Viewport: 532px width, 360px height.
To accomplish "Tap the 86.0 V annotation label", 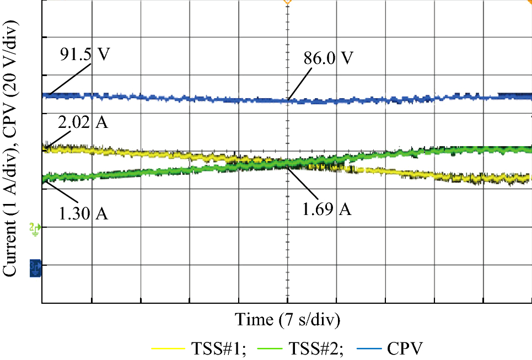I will (327, 58).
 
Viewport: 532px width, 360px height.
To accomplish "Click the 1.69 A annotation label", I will (327, 209).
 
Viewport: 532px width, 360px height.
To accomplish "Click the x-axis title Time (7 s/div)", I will (287, 319).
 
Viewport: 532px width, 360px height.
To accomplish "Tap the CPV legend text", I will (405, 348).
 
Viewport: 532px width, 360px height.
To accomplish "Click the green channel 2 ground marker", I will (35, 228).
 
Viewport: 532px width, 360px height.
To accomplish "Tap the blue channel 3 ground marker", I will (35, 267).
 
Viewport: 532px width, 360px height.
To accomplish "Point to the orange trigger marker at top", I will (287, 2).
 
